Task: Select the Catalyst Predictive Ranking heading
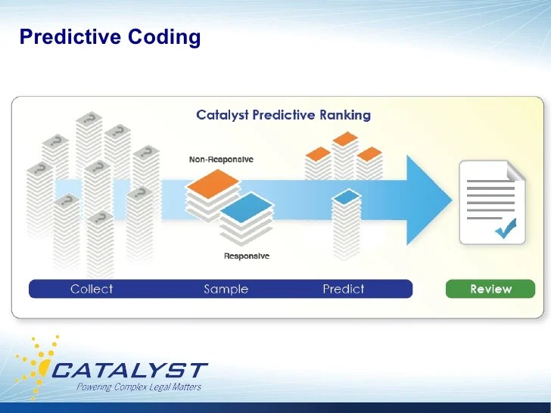tap(283, 115)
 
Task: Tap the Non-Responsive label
tap(220, 160)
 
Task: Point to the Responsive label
tap(246, 256)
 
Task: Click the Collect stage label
tap(92, 289)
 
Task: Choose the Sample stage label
tap(226, 289)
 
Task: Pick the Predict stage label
tap(343, 289)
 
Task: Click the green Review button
tap(490, 289)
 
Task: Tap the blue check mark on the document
tap(505, 226)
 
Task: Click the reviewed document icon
tap(490, 203)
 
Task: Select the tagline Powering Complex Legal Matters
tap(139, 387)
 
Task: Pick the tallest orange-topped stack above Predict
tap(345, 155)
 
